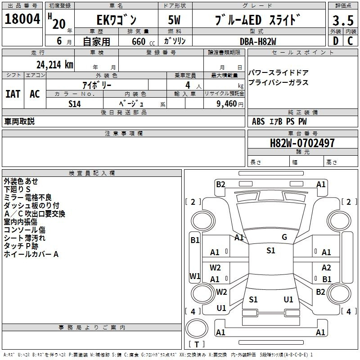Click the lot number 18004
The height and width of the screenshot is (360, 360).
coord(22,19)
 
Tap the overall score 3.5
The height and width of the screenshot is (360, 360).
coord(343,20)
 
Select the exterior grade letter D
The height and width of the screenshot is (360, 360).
coord(336,41)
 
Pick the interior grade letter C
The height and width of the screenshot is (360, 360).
coord(350,41)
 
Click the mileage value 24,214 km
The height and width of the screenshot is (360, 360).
coord(55,65)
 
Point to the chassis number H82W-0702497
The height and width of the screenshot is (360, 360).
coord(302,143)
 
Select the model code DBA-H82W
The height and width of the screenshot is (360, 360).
coord(258,41)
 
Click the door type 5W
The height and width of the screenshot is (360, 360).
coord(174,20)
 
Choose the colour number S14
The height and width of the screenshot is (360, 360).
coord(75,104)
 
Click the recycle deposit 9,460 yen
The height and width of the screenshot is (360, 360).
coord(230,104)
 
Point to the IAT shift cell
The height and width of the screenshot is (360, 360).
coord(13,94)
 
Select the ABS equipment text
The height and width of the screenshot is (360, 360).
coord(258,121)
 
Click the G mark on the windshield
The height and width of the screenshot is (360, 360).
coord(284,237)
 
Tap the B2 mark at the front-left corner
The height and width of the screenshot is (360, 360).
coord(220,184)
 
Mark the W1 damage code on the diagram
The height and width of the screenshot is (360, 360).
coord(195,276)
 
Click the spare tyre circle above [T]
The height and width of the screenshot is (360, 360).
coord(197,328)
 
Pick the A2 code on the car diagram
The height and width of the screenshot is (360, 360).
coord(326,267)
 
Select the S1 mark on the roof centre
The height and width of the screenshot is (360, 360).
coord(271,250)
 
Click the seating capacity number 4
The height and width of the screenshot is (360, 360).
coord(188,85)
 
